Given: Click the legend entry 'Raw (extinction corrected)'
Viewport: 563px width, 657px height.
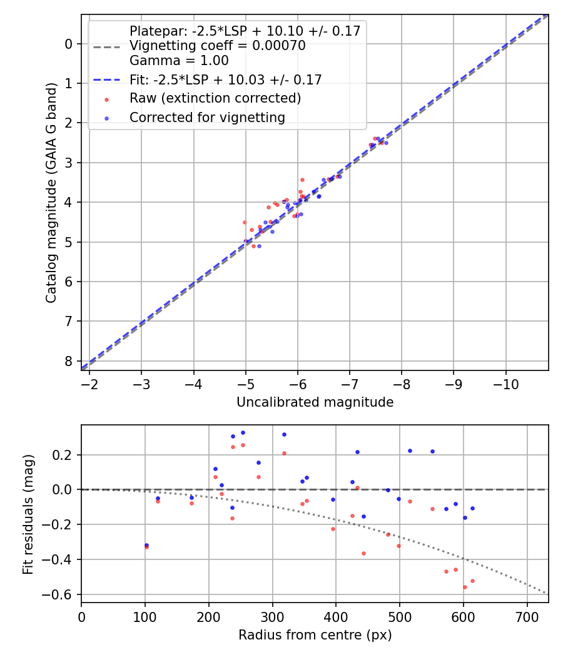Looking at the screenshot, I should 215,98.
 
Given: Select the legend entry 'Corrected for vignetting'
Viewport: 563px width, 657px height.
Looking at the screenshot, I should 207,118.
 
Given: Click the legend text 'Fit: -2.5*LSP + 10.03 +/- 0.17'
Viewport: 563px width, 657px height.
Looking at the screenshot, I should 225,79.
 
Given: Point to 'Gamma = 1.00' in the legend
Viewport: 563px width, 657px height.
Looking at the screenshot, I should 179,61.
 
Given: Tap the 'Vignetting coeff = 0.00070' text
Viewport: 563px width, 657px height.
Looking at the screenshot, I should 217,46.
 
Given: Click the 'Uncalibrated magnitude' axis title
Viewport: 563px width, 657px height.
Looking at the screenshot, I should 315,402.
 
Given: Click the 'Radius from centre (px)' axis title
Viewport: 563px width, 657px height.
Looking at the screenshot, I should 315,634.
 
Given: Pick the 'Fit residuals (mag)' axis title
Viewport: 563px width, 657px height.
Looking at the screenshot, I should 28,514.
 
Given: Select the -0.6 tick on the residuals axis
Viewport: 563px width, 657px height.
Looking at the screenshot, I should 62,594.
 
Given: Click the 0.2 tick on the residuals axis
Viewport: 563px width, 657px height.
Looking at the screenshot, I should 64,455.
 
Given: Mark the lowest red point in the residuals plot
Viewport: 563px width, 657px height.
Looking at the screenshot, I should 465,587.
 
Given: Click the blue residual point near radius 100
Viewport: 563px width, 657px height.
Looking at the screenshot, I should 146,545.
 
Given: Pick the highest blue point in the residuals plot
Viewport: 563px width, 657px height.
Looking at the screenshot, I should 243,432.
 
